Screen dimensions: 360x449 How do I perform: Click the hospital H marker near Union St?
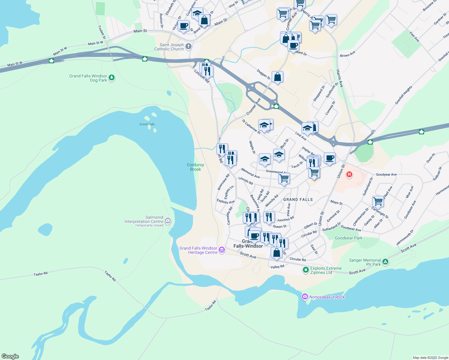(349, 174)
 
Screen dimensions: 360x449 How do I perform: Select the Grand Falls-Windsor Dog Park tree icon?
(112, 78)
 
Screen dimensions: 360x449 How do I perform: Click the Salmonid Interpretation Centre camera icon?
(168, 221)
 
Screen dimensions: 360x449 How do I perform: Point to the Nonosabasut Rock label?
(327, 297)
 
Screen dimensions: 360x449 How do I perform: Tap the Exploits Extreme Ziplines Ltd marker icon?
(306, 270)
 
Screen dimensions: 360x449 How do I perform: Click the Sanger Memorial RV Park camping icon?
(385, 262)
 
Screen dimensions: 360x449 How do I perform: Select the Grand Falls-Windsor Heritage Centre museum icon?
(222, 250)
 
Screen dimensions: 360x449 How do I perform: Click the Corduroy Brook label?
(195, 167)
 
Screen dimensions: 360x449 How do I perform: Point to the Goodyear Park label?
(348, 238)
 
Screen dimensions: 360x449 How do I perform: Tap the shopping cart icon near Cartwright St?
(378, 201)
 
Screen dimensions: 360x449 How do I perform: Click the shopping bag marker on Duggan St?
(278, 77)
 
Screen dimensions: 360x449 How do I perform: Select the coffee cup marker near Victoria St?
(183, 26)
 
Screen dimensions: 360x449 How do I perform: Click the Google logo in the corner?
(10, 356)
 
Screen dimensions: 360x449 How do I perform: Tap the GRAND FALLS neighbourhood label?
(298, 199)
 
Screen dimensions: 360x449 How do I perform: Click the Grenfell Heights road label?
(403, 95)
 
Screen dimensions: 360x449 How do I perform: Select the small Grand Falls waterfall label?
(147, 124)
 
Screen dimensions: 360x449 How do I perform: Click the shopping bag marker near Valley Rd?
(276, 253)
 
